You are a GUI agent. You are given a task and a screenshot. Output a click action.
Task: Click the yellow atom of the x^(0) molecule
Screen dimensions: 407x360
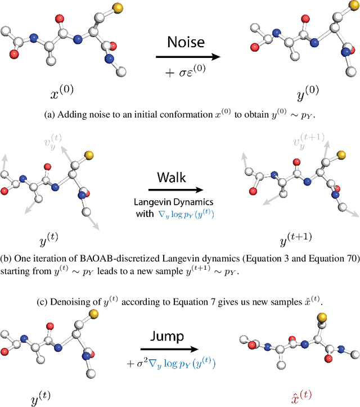click(x=101, y=8)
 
